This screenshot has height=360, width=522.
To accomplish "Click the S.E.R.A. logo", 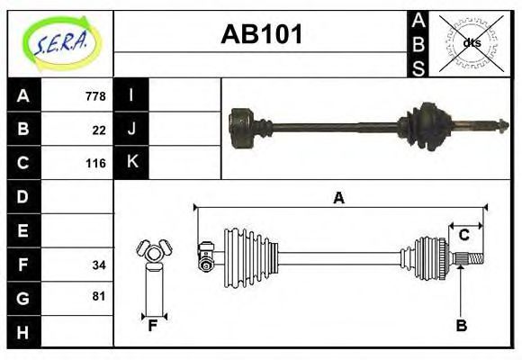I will pos(59,42).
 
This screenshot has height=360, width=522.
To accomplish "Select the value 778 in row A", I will pos(94,96).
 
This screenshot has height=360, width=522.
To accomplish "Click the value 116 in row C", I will pos(94,164).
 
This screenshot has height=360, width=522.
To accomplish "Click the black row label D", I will pos(23,196).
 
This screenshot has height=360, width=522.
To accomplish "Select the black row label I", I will pos(132,96).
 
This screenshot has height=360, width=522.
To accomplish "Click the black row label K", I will pos(132,163).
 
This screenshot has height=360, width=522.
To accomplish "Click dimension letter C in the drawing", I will pos(463,236).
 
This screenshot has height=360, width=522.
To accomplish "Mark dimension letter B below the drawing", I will pos(461,326).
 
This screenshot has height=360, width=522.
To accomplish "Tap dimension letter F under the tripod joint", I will pos(153,326).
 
